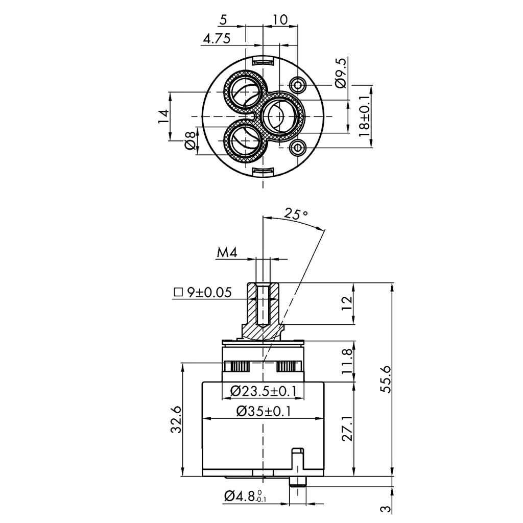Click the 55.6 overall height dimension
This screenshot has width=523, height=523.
[386, 379]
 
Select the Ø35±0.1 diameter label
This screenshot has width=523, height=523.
[264, 411]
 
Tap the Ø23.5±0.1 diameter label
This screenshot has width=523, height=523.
[263, 391]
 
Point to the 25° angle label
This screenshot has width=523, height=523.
[296, 214]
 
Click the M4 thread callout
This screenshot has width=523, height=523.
[227, 252]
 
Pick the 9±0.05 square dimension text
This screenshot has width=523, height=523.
[209, 293]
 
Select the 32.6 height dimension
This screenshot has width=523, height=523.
[176, 419]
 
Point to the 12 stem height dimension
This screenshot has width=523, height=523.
[347, 303]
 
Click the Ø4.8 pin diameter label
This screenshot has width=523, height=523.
[245, 496]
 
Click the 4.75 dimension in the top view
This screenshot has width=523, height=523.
[217, 39]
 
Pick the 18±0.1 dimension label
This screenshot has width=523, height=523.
[364, 116]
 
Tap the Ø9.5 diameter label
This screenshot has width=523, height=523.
[341, 73]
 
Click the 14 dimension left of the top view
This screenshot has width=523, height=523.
[163, 116]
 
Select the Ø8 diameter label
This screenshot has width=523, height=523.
[189, 140]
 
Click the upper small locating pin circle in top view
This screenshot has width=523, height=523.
[298, 85]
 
